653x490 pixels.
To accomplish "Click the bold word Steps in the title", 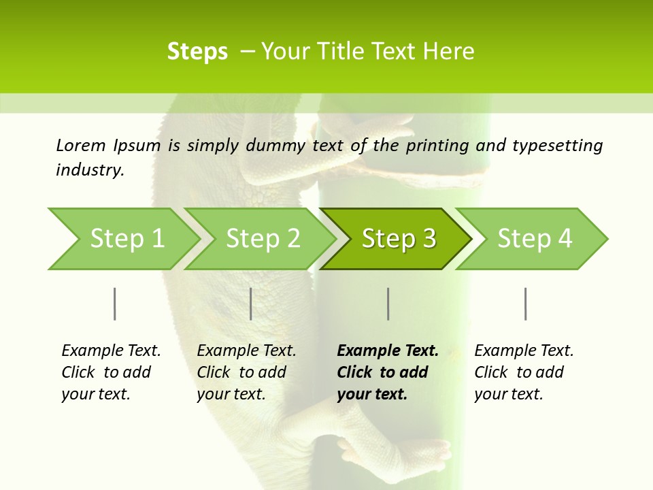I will pos(197,52).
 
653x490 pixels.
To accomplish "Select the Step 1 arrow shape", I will pos(122,239).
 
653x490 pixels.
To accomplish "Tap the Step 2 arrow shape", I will pos(262,239).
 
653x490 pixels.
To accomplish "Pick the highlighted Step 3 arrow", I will pos(398,239).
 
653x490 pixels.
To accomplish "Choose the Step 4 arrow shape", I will pos(534,239).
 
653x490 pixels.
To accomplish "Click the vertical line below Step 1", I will pos(115,304).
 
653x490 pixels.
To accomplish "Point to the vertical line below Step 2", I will pos(251,304).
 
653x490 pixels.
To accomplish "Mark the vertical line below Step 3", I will pos(388,304).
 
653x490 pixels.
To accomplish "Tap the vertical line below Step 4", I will pos(526,304).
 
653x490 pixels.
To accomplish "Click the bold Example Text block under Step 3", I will pos(387,372).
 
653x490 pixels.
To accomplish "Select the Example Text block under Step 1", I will pos(111,372).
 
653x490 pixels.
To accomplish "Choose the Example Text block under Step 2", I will pos(246,372).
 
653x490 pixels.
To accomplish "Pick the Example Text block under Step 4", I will pos(524,372).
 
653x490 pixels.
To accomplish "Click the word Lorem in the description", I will pos(81,146).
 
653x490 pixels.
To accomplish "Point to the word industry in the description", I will pos(90,170).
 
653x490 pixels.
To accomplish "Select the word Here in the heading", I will pos(452,52).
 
